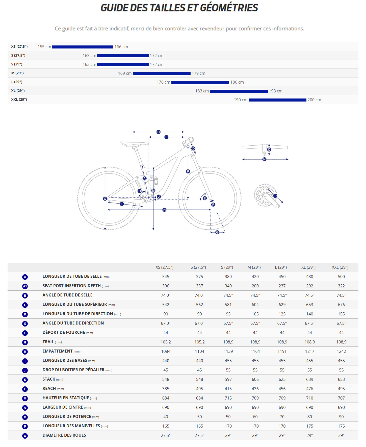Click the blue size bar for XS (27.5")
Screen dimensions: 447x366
tap(83, 47)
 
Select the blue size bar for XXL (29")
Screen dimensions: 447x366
tap(277, 100)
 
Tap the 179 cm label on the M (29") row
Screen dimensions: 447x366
tap(198, 73)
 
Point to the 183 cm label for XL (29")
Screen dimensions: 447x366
tap(202, 91)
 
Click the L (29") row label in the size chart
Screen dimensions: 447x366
tap(17, 82)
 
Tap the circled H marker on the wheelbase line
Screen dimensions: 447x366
tap(164, 210)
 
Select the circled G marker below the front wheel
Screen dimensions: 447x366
tap(217, 232)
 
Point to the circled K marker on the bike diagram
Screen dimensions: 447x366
tap(188, 171)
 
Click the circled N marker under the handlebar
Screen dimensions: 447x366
tap(264, 159)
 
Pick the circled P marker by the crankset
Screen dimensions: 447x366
tap(275, 196)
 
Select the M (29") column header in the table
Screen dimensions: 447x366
tap(254, 267)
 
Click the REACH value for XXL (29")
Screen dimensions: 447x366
tap(341, 389)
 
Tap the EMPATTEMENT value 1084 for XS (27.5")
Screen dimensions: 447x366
tap(166, 352)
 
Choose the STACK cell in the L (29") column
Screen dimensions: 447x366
tap(282, 380)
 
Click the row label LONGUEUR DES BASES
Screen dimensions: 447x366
tap(65, 361)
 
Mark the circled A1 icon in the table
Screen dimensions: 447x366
tap(25, 286)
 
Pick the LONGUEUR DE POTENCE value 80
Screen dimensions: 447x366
tap(309, 417)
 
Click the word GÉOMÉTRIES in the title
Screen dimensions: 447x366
tap(229, 8)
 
